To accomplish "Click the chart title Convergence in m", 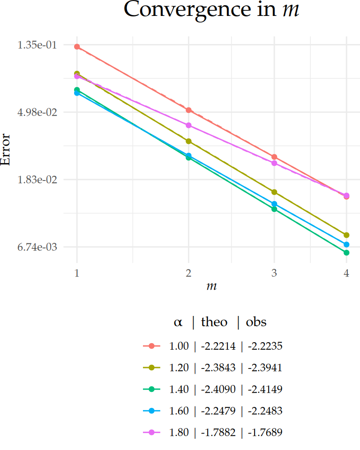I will tap(211, 10).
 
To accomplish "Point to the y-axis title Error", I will tap(6, 149).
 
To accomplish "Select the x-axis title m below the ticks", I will tap(211, 286).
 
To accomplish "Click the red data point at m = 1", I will tap(77, 47).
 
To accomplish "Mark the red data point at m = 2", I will tap(188, 110).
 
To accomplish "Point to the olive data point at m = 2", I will tap(188, 141).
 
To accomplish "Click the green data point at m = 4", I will tap(346, 253).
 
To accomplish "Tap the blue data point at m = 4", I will tap(346, 245).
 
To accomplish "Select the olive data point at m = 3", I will tap(274, 192).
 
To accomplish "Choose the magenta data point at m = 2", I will tap(188, 125).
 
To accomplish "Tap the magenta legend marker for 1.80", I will tap(151, 432).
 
